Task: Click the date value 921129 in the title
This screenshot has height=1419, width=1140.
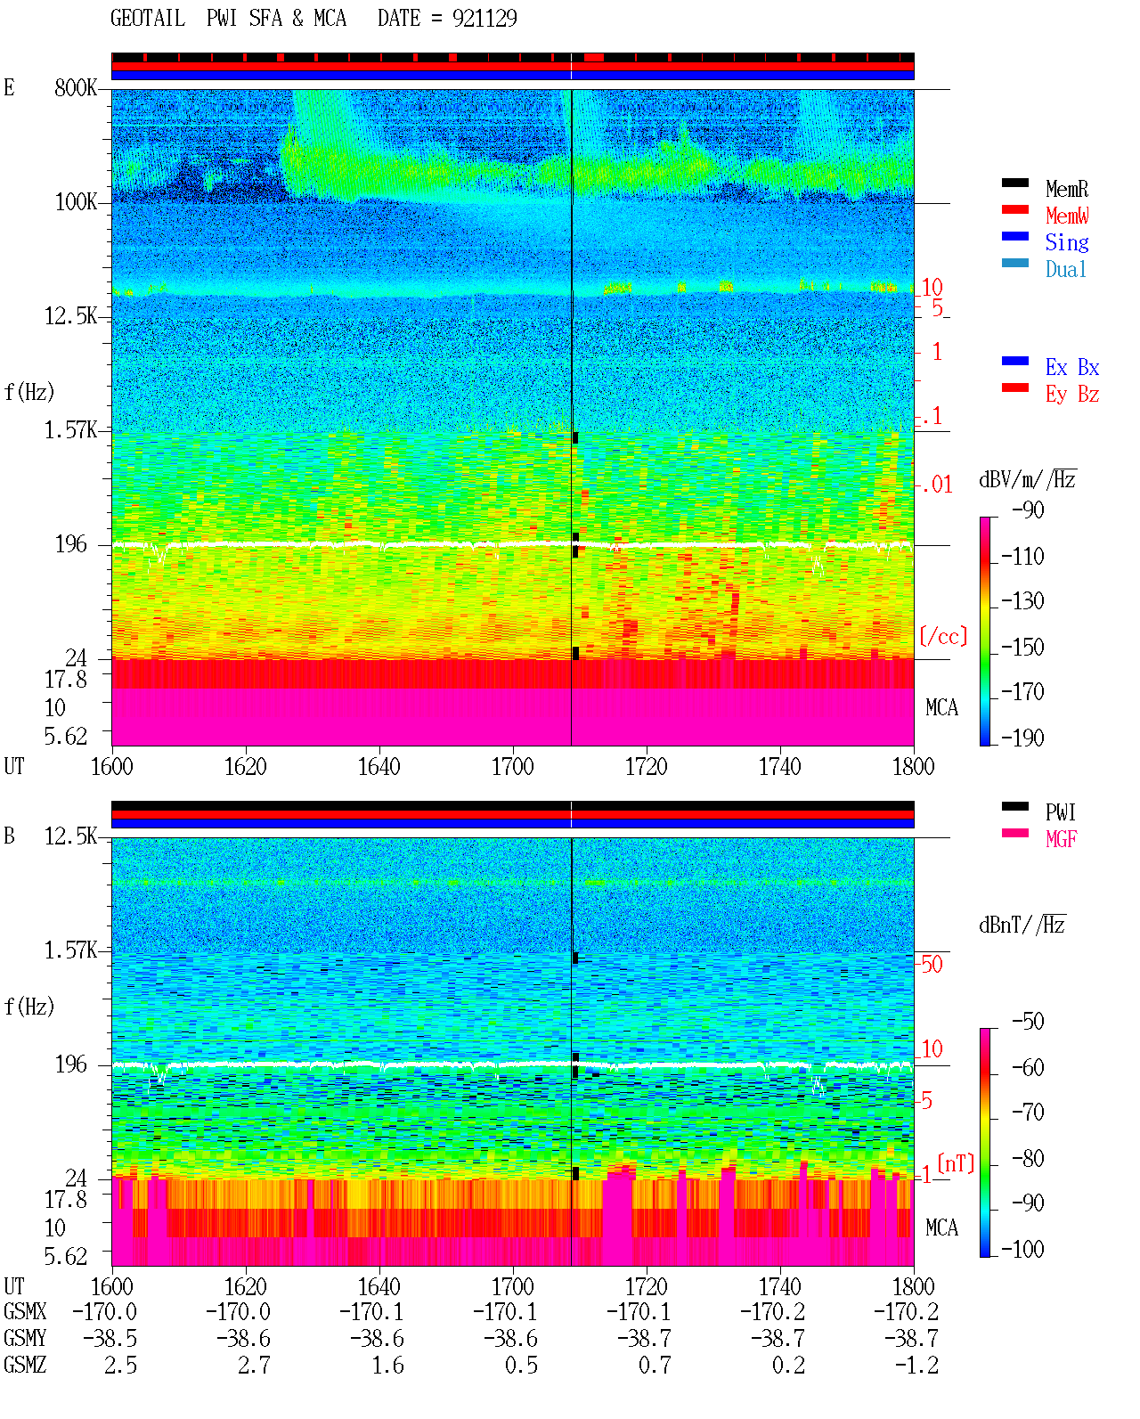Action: click(x=484, y=19)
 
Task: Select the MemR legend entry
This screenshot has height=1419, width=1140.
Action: click(x=1066, y=189)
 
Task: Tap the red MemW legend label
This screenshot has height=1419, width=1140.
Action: click(x=1066, y=216)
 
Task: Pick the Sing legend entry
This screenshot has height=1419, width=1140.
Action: click(x=1066, y=242)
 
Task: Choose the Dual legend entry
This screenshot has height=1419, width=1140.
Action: click(x=1065, y=269)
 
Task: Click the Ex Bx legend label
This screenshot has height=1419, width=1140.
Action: click(x=1071, y=367)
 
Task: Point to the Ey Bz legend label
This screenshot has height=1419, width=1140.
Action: click(x=1071, y=395)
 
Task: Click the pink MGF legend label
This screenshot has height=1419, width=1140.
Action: click(x=1061, y=839)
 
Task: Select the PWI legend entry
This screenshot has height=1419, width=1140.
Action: click(x=1060, y=812)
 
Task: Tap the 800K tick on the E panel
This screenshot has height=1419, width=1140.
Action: click(x=75, y=87)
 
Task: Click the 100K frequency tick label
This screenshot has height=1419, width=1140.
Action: click(x=75, y=202)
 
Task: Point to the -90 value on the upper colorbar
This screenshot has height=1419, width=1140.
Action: click(x=1028, y=510)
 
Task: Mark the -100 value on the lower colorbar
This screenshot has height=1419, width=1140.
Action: click(x=1022, y=1248)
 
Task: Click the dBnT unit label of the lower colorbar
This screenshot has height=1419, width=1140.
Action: click(x=1022, y=925)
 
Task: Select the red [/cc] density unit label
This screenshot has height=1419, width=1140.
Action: click(x=943, y=636)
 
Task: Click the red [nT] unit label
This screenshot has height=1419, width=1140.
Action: click(x=956, y=1163)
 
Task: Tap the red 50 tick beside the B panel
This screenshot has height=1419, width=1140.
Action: click(x=932, y=965)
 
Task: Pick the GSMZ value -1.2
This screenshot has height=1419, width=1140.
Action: click(x=916, y=1365)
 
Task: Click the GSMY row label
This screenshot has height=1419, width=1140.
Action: click(x=25, y=1338)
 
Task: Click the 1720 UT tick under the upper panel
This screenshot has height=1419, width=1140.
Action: click(x=647, y=766)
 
